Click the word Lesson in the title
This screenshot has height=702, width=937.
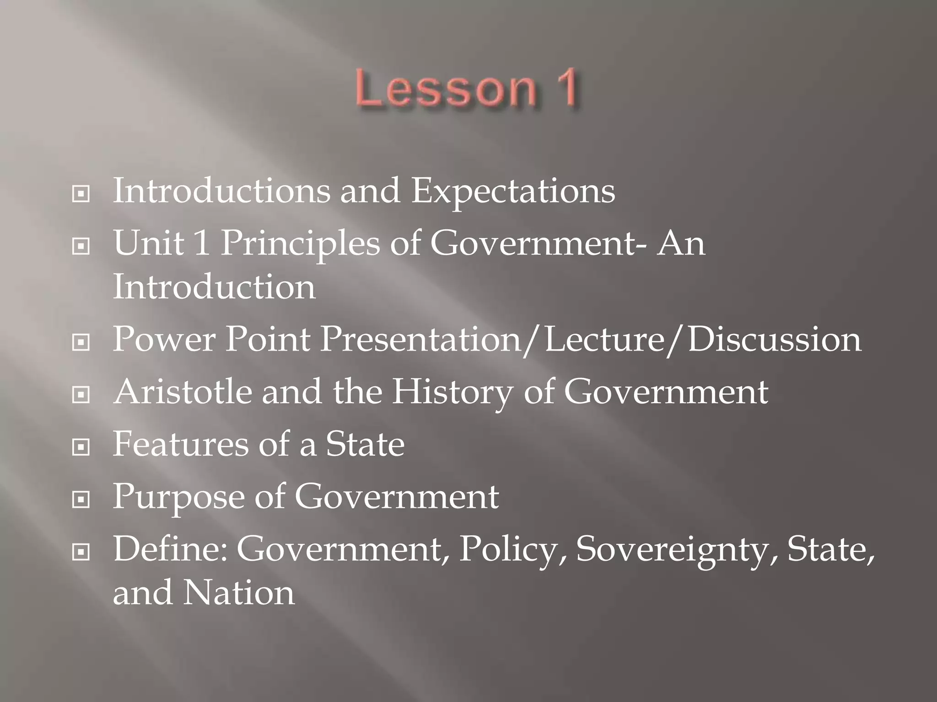446,88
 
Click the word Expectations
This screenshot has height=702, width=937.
513,191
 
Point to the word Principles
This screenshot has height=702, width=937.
300,244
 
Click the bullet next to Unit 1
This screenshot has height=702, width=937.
81,247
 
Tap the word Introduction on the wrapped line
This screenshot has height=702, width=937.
214,287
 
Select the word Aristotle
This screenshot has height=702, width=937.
183,392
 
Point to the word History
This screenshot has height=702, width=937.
452,393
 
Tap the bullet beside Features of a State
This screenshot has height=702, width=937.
81,447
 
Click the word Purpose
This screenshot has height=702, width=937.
178,497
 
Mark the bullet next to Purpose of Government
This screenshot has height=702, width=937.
81,500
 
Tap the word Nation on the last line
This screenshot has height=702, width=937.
239,593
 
